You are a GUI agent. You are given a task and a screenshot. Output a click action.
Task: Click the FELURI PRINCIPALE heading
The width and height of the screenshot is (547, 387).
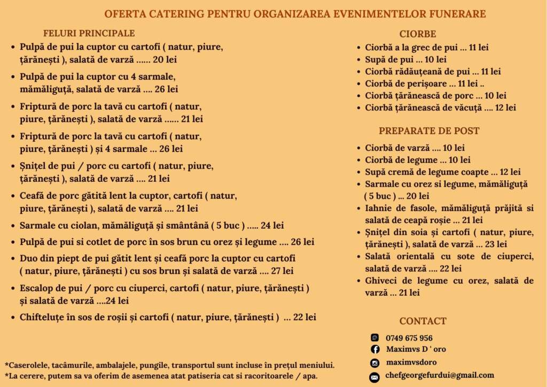coord(89,33)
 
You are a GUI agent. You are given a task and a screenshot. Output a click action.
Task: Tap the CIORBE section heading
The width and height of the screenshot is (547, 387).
coord(418,33)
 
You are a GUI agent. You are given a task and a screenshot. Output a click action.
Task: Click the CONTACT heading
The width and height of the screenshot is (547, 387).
coord(423,321)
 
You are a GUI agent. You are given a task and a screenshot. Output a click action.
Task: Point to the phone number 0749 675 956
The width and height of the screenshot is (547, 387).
coord(409,338)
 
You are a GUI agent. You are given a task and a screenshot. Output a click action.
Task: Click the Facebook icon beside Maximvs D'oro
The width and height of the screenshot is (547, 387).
coord(375,350)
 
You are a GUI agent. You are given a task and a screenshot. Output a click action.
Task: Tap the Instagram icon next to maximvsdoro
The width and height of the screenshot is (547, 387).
coord(375,363)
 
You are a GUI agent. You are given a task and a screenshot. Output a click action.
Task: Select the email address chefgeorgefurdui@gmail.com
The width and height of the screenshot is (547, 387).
coord(440,375)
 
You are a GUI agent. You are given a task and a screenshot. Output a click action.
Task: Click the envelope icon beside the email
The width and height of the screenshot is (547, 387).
coord(375,377)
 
